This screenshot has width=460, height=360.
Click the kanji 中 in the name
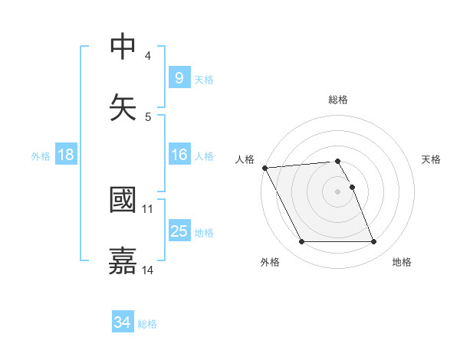[123, 47]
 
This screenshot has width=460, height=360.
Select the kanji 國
[123, 200]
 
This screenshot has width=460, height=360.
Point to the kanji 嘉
[123, 260]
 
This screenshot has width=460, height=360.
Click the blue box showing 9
[178, 77]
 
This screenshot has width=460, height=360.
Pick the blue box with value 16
[178, 155]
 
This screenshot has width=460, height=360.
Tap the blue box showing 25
[179, 231]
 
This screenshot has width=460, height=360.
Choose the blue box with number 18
[65, 155]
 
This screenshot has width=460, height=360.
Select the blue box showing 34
[122, 322]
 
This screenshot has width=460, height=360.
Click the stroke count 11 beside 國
[148, 208]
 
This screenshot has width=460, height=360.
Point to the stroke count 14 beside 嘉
[148, 270]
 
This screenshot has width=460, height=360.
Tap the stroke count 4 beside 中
[148, 55]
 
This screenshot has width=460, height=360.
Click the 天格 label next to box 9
[203, 79]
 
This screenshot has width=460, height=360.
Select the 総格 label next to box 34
[147, 324]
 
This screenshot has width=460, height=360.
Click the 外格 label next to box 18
[41, 156]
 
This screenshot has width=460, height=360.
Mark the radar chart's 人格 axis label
[245, 159]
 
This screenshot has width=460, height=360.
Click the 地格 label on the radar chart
[402, 262]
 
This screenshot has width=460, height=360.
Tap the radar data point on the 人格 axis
[264, 168]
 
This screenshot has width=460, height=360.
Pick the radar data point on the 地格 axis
[374, 242]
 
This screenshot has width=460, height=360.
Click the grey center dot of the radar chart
[338, 191]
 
